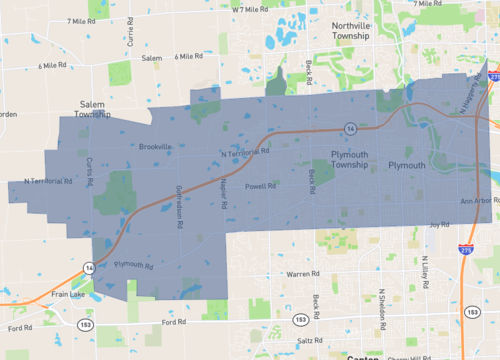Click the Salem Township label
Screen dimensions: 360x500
[97, 109]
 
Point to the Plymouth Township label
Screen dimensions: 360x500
[349, 160]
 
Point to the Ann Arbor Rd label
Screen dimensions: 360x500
[477, 201]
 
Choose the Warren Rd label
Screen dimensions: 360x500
[302, 273]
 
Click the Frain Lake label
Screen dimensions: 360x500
[67, 295]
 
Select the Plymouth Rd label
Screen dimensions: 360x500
[132, 265]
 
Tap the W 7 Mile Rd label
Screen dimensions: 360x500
[251, 9]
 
